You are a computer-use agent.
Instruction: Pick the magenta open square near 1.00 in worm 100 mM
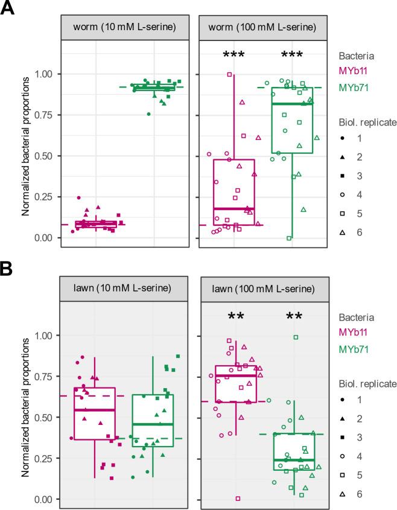[229, 75]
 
